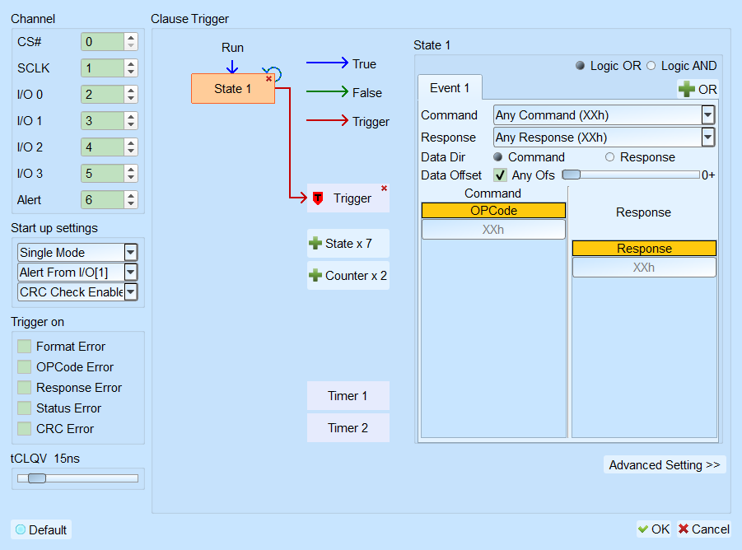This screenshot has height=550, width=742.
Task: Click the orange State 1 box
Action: coord(233,88)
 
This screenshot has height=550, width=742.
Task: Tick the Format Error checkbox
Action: coord(24,346)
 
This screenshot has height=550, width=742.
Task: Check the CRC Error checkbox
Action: coord(24,428)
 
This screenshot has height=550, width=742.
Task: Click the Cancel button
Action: coord(703,529)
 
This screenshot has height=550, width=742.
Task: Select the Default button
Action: coord(41,529)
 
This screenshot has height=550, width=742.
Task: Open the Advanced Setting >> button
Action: coord(665,465)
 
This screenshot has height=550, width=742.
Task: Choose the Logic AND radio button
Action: coord(651,66)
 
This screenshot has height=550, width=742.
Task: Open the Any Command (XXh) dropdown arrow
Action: coord(707,115)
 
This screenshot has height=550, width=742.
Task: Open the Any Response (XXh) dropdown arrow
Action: coord(707,137)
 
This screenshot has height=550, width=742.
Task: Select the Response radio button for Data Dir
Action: coord(609,157)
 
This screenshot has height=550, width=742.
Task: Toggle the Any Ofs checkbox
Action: coord(500,175)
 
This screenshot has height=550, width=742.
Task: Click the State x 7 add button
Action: coord(348,244)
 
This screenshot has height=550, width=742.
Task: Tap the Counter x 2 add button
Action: coord(348,275)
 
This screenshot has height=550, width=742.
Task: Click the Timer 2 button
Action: coord(348,428)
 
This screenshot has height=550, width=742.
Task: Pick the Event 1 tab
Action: coord(450,88)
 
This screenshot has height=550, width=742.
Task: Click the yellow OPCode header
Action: coord(493,211)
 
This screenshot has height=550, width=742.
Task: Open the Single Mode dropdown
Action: coord(77,253)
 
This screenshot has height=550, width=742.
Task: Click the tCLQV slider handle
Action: coord(37,478)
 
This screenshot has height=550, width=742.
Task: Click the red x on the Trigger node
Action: coord(385,189)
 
